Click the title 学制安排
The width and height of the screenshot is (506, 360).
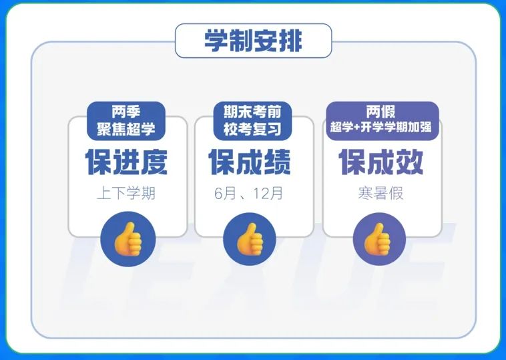point(253,41)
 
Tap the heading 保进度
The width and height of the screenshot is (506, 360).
point(127,162)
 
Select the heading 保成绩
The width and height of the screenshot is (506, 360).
point(250,162)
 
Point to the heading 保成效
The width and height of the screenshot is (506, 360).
point(381,162)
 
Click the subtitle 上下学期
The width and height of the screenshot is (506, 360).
point(126,194)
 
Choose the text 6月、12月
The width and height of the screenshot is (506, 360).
point(248,194)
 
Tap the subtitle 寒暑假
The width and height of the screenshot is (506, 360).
point(381,194)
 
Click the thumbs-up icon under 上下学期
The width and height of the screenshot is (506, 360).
point(128,239)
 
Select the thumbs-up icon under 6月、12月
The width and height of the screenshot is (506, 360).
point(250,239)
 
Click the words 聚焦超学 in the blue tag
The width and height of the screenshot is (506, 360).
point(126,129)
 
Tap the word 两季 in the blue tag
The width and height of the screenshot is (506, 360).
point(126,112)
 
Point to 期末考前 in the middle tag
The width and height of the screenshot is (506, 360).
point(252,112)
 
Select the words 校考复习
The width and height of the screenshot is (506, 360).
point(252,129)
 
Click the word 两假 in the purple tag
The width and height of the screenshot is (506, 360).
point(381,112)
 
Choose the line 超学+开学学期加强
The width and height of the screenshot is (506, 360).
point(381,127)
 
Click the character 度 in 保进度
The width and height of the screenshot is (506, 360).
point(154,162)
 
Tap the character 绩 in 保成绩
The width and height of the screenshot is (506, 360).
point(278,162)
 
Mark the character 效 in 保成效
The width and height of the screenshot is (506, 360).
point(409,162)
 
